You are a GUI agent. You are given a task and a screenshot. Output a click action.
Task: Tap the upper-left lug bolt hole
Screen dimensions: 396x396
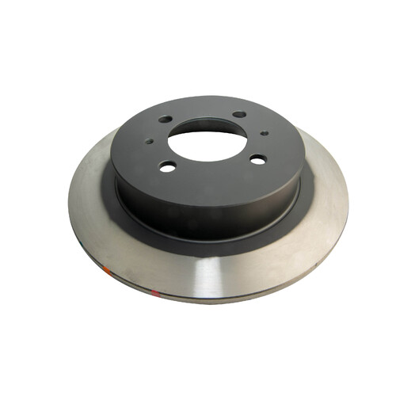[x=165, y=120]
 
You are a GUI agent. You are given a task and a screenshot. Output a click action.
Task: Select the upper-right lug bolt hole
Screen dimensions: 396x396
[x=238, y=115]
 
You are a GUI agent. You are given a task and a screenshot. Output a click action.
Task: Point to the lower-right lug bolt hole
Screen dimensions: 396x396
[x=257, y=159]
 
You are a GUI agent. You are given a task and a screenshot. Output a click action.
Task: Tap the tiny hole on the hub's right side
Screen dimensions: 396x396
[x=265, y=133]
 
